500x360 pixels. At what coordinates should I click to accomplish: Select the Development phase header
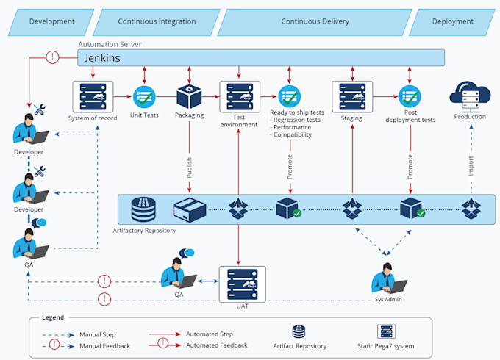coord(51,22)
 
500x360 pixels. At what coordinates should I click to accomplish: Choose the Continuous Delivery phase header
coord(315,22)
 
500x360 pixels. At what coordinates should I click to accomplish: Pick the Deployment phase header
coord(451,22)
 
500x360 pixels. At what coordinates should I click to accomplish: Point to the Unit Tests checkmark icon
coord(143,97)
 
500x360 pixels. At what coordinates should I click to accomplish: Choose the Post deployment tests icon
coord(409,97)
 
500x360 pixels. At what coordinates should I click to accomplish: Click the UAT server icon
coord(242,282)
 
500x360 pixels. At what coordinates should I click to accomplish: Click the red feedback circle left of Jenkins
coord(52,57)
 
